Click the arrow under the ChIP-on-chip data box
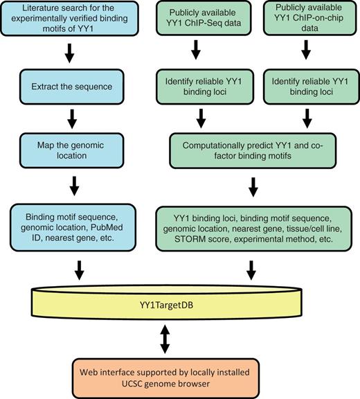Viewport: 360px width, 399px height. pos(305,55)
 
